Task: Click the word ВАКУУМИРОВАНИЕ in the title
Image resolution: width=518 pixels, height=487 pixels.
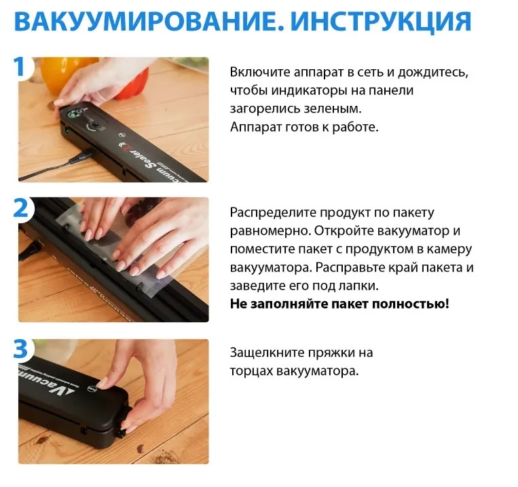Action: point(149,22)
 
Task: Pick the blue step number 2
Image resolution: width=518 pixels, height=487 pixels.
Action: point(21,208)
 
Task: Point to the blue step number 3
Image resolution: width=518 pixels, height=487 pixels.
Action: point(20,349)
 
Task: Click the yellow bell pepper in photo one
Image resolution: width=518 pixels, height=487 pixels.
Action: point(62,73)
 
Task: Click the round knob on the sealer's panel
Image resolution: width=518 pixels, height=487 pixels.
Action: point(95,126)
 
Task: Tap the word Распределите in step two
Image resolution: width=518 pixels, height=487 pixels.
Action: point(273,213)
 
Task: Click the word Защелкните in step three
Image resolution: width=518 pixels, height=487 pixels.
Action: point(267,353)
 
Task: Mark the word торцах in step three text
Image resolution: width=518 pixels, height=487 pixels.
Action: point(251,371)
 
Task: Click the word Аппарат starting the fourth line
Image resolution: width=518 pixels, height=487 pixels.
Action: point(256,127)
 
